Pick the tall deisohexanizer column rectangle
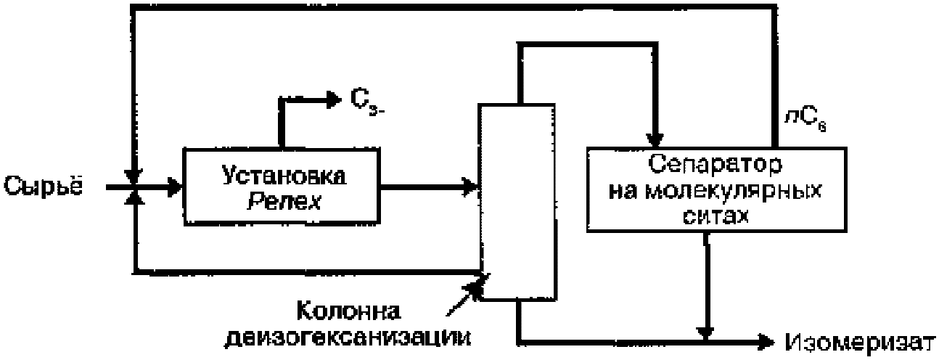point(516,201)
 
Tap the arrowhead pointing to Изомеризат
point(764,340)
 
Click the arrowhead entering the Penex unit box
point(173,187)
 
